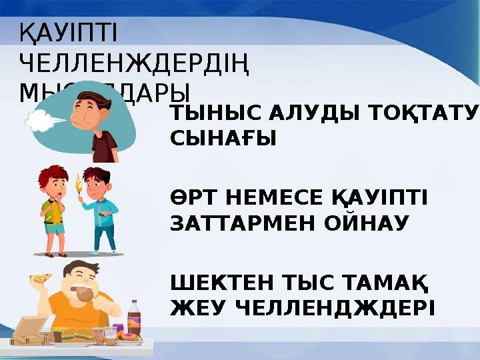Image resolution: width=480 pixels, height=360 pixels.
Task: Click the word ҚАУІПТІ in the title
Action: pyautogui.click(x=68, y=33)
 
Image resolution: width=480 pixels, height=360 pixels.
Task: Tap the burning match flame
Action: pyautogui.click(x=78, y=180)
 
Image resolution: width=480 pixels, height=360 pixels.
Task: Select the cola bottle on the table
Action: pyautogui.click(x=133, y=319)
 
